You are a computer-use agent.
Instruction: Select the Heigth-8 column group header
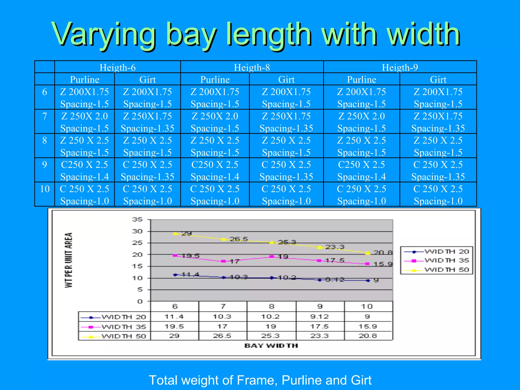(252, 67)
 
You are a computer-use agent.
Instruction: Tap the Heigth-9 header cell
(400, 67)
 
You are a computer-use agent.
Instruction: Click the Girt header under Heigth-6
(147, 79)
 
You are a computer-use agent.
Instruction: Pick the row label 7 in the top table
(44, 116)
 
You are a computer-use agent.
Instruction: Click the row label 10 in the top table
(45, 189)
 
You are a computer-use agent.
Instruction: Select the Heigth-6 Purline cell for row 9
(85, 170)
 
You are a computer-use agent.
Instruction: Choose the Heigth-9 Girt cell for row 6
(438, 97)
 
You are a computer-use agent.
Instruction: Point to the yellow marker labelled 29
(175, 233)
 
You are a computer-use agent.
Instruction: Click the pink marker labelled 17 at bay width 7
(223, 261)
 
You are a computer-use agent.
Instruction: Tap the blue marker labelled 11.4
(175, 275)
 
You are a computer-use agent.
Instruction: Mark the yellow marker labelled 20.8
(368, 253)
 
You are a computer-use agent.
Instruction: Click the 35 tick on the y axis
(137, 219)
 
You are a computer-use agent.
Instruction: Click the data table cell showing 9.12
(319, 317)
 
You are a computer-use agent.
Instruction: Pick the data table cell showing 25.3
(271, 336)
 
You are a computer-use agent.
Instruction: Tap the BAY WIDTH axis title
(271, 346)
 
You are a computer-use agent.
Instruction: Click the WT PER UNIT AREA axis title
(69, 260)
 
